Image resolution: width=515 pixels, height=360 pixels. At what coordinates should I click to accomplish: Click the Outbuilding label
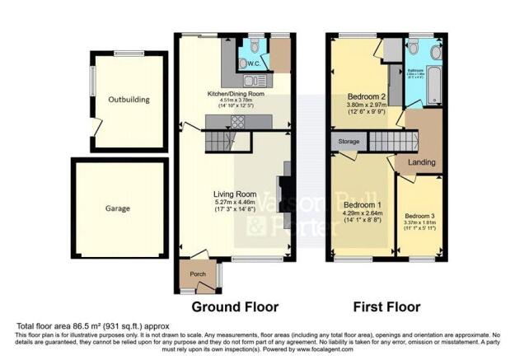(129, 100)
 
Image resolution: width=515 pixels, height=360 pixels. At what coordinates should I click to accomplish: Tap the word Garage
(117, 209)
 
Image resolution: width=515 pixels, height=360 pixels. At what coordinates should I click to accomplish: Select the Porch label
(198, 274)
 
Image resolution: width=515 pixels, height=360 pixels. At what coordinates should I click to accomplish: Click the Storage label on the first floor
(347, 143)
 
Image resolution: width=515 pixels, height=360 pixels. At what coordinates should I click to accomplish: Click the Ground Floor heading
(235, 307)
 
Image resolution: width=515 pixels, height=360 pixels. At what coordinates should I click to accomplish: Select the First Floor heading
(386, 307)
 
